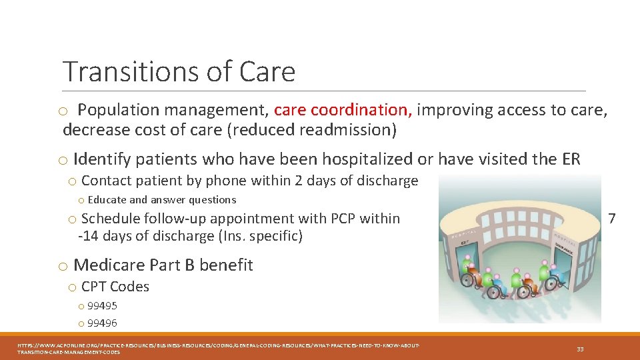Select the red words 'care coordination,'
coord(343,109)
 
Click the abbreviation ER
coord(571,159)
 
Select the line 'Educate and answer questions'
coord(162,200)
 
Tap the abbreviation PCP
coord(343,219)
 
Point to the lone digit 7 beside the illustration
coord(612,219)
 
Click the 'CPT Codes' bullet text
coord(115,287)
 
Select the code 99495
coord(102,306)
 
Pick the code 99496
coord(102,323)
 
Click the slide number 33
coord(579,349)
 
